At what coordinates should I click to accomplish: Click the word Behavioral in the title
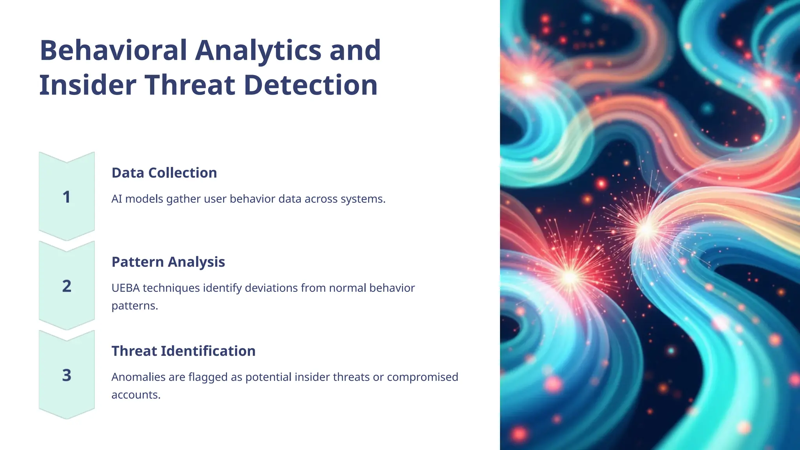click(114, 50)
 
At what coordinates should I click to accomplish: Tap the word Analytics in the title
click(258, 50)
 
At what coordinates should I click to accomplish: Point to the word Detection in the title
click(311, 85)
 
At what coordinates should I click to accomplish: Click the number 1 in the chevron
click(67, 197)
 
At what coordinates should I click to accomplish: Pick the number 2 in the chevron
click(67, 286)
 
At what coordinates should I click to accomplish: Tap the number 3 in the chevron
click(67, 375)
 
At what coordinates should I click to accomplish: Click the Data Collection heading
click(164, 173)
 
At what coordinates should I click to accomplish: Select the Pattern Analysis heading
click(168, 262)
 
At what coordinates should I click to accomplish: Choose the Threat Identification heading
click(183, 351)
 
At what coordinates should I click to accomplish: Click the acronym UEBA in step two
click(125, 288)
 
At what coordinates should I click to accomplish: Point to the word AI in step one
click(116, 199)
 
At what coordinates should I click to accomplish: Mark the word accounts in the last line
click(136, 395)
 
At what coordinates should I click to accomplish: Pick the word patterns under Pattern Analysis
click(134, 306)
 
